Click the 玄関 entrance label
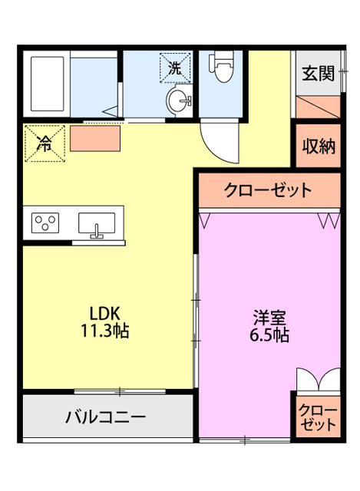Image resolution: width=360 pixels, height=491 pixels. (317, 74)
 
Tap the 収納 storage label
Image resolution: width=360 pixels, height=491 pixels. (317, 147)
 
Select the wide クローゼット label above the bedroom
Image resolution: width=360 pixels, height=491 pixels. (268, 189)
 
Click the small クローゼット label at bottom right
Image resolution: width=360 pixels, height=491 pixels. (317, 416)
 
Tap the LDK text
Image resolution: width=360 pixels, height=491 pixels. (105, 313)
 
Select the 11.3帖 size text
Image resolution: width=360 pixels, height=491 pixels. (105, 331)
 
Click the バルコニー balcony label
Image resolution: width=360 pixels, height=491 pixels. (105, 418)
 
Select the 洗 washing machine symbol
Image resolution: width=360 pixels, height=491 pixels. (176, 66)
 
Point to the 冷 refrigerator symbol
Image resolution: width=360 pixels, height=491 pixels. (45, 143)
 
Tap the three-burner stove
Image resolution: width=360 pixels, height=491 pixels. (45, 223)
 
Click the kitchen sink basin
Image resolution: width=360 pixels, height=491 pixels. (97, 223)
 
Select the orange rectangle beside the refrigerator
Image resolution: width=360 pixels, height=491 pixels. (96, 139)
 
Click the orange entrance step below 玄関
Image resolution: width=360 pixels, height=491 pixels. (316, 107)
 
